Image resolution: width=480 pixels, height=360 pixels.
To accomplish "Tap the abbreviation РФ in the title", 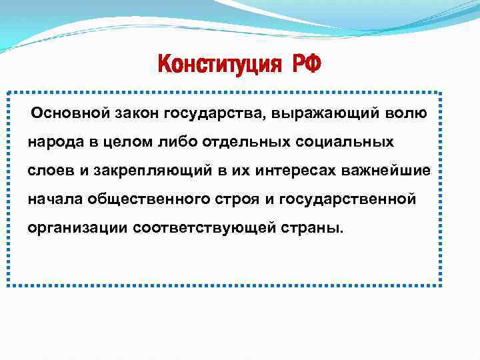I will [305, 65].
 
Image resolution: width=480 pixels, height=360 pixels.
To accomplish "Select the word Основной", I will [70, 113].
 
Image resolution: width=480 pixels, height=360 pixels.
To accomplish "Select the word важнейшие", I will [395, 171].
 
